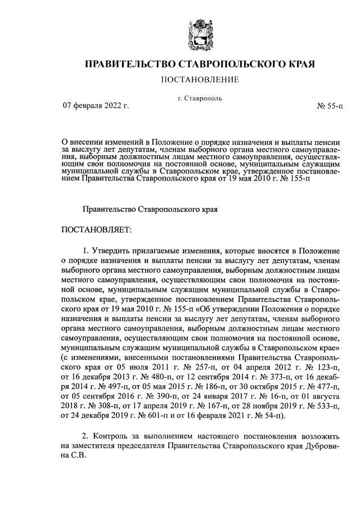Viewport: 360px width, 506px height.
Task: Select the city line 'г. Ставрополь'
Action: [200, 98]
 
